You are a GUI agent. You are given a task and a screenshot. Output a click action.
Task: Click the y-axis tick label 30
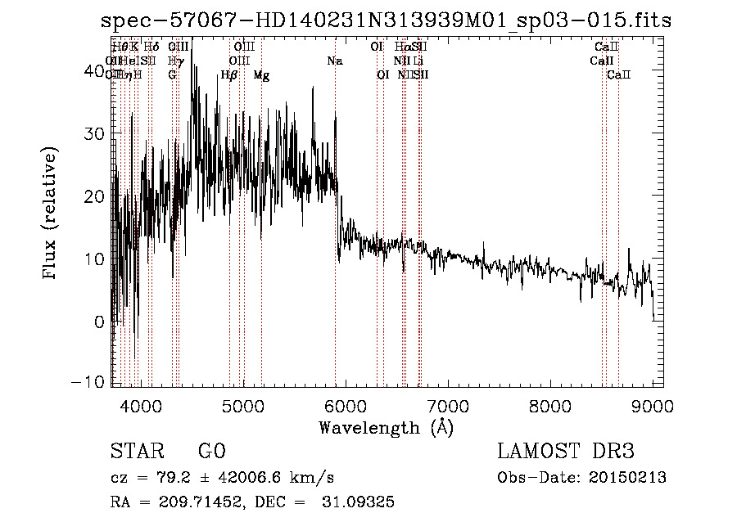point(96,133)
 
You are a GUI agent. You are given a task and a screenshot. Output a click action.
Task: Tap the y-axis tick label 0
point(100,322)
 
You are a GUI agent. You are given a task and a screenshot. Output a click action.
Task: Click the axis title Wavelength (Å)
point(386,427)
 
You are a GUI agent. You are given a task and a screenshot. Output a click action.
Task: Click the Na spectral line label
point(335,61)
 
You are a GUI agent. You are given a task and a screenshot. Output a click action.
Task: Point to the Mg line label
point(261,75)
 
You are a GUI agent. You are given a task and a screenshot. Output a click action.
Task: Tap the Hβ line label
point(229,75)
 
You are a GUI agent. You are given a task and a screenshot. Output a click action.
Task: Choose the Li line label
point(418,61)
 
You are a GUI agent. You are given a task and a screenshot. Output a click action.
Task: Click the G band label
point(172,75)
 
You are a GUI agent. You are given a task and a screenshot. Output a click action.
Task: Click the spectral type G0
point(211,452)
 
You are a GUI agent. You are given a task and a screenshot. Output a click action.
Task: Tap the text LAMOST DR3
point(565,452)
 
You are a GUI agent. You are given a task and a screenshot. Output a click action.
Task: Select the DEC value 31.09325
point(361,502)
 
